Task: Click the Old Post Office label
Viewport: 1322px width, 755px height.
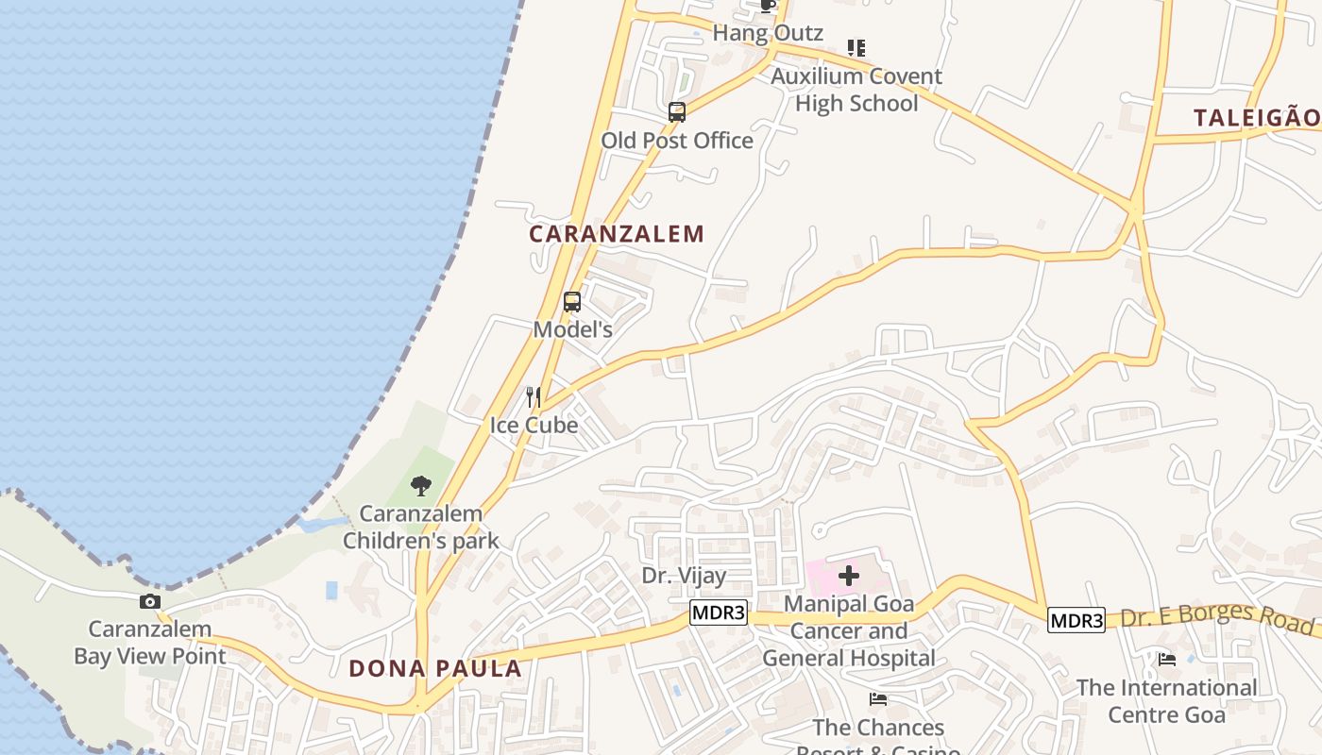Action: click(x=677, y=141)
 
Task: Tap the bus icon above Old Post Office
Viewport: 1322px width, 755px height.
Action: click(x=677, y=112)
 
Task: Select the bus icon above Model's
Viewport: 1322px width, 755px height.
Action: click(x=572, y=302)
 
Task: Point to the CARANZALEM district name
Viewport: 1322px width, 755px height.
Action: click(x=617, y=234)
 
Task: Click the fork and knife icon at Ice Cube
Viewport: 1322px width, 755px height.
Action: click(x=534, y=396)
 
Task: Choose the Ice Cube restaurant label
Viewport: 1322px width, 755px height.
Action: click(x=534, y=426)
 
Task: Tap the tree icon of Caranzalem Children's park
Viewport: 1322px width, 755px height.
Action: click(x=421, y=486)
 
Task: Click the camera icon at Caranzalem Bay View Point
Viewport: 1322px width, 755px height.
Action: click(x=150, y=602)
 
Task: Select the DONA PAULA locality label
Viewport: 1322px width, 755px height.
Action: click(x=435, y=669)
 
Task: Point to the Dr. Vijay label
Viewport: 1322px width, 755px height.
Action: click(x=685, y=576)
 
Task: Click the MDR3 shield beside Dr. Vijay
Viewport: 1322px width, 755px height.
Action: click(x=719, y=613)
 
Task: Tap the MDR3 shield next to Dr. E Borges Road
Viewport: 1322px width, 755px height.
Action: click(x=1076, y=621)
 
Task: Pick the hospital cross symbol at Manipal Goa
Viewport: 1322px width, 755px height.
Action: click(x=849, y=575)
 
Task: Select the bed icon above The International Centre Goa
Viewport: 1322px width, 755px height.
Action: click(x=1168, y=660)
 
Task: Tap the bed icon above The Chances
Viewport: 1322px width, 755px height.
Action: click(x=878, y=699)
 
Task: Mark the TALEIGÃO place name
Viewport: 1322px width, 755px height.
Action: click(x=1256, y=118)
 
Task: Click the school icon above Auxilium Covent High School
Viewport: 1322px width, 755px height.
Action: click(x=856, y=47)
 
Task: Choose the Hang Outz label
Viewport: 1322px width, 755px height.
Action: click(x=768, y=33)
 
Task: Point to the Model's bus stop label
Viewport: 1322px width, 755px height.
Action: click(x=573, y=330)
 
